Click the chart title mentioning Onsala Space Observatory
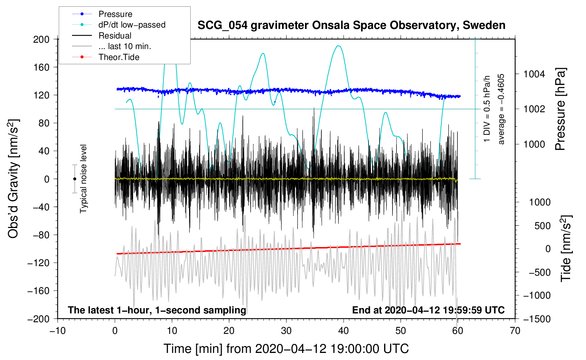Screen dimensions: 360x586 point(351,25)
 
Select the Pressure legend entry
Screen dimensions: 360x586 point(115,14)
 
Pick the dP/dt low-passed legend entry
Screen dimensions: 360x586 point(132,25)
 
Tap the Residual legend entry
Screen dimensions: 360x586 point(115,36)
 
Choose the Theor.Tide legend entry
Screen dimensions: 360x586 point(119,57)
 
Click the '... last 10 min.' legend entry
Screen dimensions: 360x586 point(125,46)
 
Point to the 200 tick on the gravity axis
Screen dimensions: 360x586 point(41,39)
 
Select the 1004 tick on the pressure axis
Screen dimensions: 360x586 point(534,74)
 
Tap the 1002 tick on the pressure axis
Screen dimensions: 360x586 point(534,109)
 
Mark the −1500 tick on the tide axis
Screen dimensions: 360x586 point(537,319)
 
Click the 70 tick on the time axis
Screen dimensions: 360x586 point(515,331)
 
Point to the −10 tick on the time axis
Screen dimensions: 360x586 point(58,331)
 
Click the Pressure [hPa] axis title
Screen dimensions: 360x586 point(560,109)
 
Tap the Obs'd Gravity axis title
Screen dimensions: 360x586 point(13,179)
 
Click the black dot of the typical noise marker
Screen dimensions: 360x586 point(74,179)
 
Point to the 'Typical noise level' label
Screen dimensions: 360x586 point(83,179)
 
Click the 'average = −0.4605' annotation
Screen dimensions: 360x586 point(501,109)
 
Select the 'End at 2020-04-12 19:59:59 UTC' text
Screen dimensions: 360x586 point(428,310)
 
